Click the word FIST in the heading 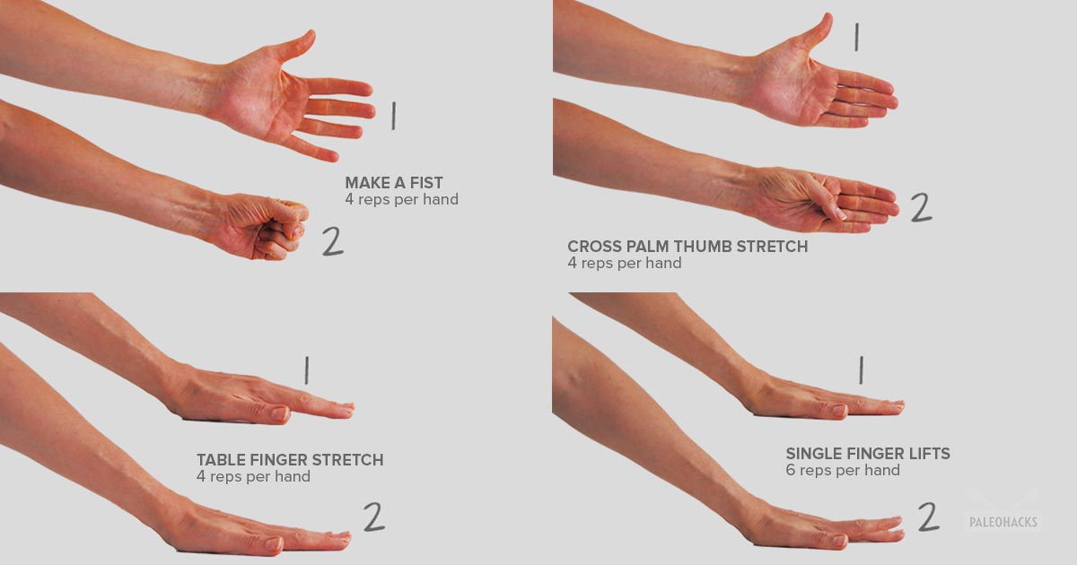(426, 183)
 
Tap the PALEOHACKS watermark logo (1003, 522)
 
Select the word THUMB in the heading (705, 247)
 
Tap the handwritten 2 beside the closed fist (332, 241)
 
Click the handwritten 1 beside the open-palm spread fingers (394, 116)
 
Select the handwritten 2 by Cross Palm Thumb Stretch (921, 207)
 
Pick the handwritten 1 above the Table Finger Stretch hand (307, 370)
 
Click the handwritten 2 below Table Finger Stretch (374, 517)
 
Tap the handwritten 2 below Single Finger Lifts (928, 517)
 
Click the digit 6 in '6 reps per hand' (791, 470)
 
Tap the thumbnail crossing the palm (840, 214)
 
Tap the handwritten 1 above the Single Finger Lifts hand (861, 370)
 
